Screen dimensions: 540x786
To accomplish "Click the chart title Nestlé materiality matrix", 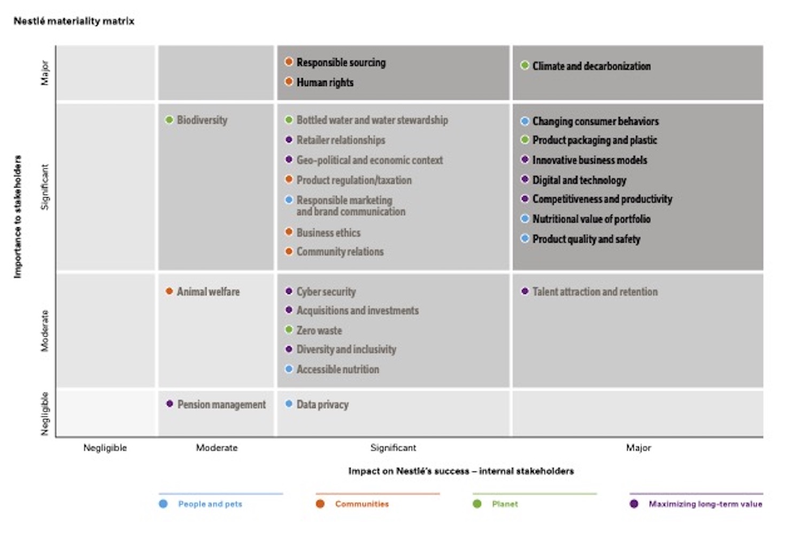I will [74, 21].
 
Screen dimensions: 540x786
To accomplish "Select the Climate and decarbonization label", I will [591, 66].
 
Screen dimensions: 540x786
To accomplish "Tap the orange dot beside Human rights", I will [289, 82].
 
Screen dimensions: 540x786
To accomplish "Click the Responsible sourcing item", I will [341, 63].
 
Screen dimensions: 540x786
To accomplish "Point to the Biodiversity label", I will [202, 120].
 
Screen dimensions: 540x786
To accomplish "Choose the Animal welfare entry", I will [208, 292].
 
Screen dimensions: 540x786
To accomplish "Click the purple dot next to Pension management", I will [169, 404].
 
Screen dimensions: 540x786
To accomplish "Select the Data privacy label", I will [322, 405].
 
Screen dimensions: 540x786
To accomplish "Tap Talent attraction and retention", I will [595, 292].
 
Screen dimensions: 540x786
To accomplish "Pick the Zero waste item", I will [319, 331].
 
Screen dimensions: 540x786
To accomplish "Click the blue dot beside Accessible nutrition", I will [289, 369].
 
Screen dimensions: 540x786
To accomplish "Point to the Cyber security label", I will [326, 292].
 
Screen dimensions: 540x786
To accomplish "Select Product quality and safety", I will [586, 239].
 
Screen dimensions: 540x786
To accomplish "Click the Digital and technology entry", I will [579, 180].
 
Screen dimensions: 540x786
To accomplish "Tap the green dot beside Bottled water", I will [289, 120].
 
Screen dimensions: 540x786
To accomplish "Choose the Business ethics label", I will [328, 233].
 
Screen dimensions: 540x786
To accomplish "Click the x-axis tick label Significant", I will [393, 448].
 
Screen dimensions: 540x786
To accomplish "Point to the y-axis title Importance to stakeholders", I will [18, 217].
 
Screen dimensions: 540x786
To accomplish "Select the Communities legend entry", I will [361, 504].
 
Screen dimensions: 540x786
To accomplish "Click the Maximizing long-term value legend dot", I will [634, 504].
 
